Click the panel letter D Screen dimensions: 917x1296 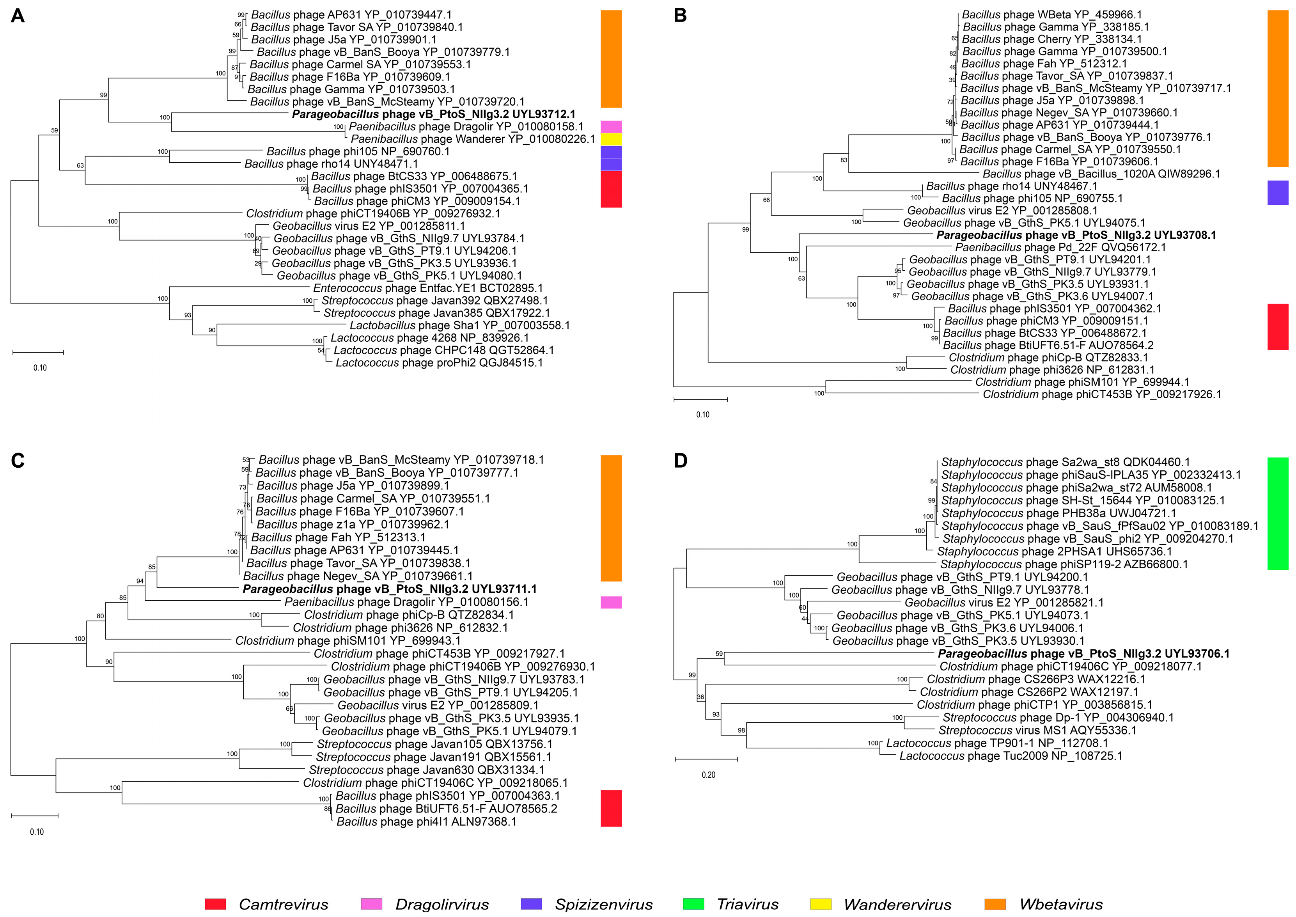681,461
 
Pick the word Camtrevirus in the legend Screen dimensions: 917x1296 284,904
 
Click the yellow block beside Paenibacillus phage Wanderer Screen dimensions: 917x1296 611,139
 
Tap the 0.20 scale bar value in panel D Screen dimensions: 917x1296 708,775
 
